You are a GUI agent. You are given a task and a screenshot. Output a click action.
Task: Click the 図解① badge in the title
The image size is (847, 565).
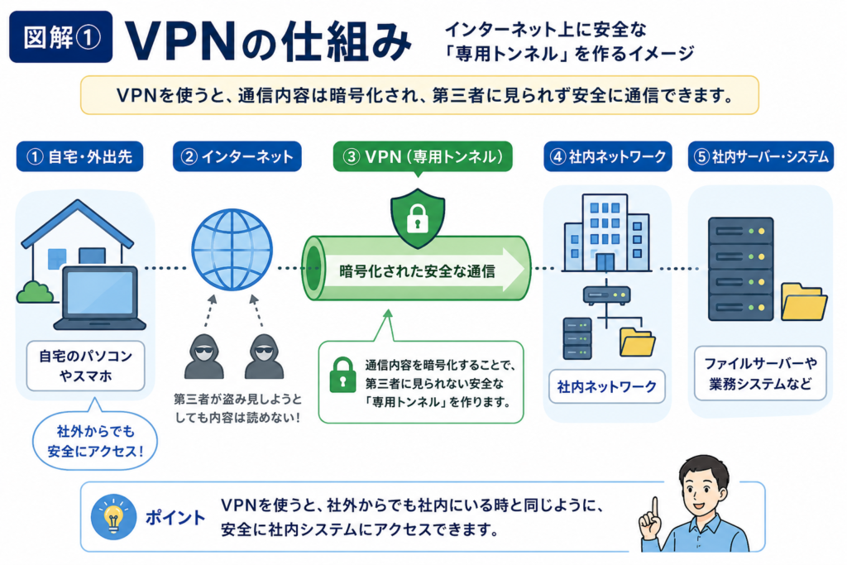coord(60,36)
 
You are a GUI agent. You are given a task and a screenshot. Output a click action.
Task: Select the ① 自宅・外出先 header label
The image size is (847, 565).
coord(79,156)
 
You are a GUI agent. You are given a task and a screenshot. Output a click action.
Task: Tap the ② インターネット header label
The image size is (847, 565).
coord(237,156)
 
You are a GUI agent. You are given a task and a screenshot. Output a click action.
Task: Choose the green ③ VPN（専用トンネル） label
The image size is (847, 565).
coord(423,156)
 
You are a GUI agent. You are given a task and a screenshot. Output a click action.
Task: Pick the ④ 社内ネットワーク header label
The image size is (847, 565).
coord(608,156)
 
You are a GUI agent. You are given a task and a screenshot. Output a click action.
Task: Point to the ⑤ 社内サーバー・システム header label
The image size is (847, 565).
coord(761,156)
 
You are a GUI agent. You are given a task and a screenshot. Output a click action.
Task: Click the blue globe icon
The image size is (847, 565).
coord(232,250)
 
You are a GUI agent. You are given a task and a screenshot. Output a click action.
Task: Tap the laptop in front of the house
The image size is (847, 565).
coord(100,298)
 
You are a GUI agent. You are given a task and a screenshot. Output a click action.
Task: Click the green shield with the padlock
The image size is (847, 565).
coord(418,218)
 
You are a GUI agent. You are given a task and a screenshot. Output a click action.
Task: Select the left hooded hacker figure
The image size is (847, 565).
coord(203,357)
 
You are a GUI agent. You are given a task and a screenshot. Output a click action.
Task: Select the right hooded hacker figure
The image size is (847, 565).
coord(264,357)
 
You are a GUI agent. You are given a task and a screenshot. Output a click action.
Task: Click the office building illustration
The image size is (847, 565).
coord(606,232)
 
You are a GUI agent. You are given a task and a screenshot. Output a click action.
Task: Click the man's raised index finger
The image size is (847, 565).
coord(655,508)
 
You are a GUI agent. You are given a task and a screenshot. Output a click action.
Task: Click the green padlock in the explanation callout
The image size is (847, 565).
coord(342,375)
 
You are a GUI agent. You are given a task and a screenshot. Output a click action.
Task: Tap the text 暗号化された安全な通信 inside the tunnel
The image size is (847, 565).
coord(417,271)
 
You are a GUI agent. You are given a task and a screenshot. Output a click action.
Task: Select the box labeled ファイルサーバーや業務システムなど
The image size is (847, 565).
coord(761,374)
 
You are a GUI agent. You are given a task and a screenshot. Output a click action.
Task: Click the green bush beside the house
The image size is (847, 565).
coord(35,292)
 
